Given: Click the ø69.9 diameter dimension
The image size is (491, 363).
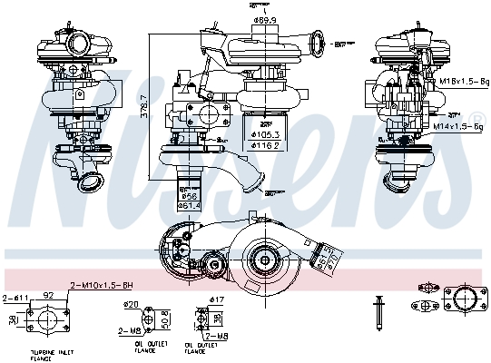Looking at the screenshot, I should [x=265, y=19].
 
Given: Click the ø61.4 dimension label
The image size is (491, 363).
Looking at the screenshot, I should [x=189, y=205].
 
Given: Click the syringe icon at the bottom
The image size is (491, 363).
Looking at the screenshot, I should [x=378, y=309].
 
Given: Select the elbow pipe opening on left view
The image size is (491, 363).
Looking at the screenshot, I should [x=91, y=184].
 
